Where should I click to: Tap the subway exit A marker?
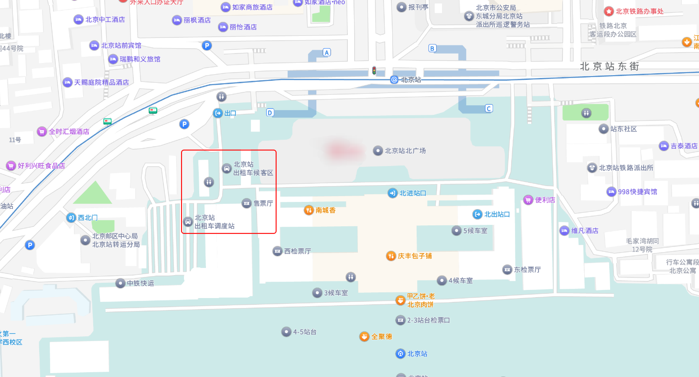click(x=327, y=52)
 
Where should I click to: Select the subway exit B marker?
click(x=432, y=48)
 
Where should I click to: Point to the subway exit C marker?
click(x=488, y=108)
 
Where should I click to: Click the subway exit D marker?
click(x=270, y=112)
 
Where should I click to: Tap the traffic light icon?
click(x=375, y=70)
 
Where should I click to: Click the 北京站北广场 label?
click(x=405, y=151)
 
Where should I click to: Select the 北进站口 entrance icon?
click(x=392, y=193)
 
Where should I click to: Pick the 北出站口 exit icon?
click(x=477, y=214)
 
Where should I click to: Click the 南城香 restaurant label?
click(x=325, y=210)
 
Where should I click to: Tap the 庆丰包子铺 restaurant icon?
click(x=391, y=255)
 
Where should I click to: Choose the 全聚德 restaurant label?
click(x=382, y=336)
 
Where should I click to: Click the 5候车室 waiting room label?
click(x=475, y=231)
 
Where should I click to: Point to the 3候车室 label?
click(x=336, y=293)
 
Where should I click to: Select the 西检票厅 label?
click(x=297, y=251)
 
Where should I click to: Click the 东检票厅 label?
click(x=527, y=269)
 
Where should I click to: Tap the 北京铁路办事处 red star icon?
click(x=609, y=11)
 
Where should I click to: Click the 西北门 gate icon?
click(x=71, y=218)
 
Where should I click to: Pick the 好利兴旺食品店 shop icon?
click(x=11, y=166)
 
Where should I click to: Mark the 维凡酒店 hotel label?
click(x=585, y=231)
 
